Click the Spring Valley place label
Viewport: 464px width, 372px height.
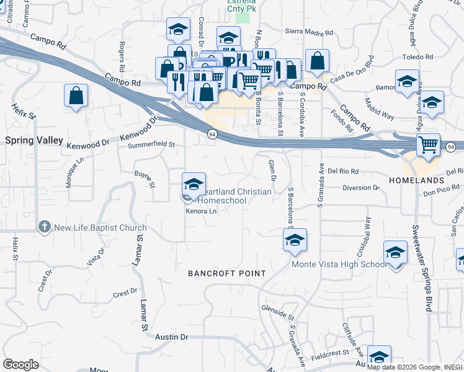tap(34, 141)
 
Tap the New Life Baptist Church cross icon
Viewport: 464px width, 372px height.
tap(44, 228)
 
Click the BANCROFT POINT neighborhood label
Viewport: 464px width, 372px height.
tap(227, 273)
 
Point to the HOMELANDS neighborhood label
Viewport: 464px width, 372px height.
tap(416, 180)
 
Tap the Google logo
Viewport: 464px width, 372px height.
tap(20, 365)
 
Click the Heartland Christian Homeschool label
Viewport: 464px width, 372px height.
tap(234, 196)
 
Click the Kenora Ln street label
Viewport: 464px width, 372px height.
tap(201, 211)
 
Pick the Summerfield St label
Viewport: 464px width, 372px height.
tap(151, 145)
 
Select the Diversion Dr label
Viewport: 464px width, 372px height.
tap(360, 187)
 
